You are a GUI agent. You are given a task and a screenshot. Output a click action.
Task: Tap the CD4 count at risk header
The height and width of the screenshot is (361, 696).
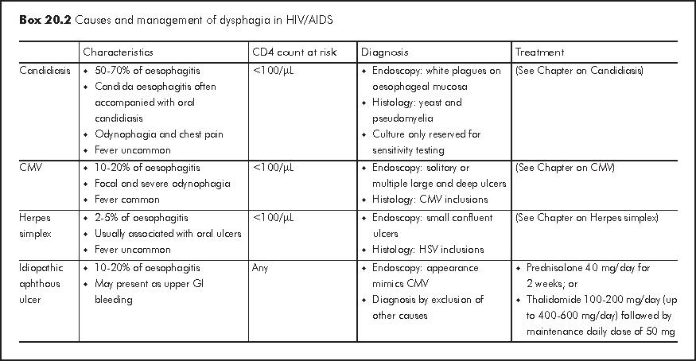pyautogui.click(x=294, y=52)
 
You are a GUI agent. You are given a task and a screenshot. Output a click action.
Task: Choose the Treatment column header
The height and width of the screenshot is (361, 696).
pyautogui.click(x=539, y=52)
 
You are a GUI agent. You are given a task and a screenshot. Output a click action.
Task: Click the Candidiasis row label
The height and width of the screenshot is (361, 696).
pyautogui.click(x=45, y=71)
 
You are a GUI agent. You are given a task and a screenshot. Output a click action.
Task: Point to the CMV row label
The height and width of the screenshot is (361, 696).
pyautogui.click(x=31, y=168)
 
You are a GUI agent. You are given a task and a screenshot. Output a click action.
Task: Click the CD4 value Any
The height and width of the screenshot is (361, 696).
pyautogui.click(x=261, y=268)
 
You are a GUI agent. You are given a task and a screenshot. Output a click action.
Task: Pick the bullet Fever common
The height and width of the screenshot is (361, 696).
pyautogui.click(x=127, y=200)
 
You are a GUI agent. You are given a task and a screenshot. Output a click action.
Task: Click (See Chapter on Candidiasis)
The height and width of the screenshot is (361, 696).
pyautogui.click(x=579, y=71)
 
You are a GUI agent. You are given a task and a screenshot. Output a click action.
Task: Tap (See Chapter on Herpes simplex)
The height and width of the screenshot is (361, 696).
pyautogui.click(x=586, y=217)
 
